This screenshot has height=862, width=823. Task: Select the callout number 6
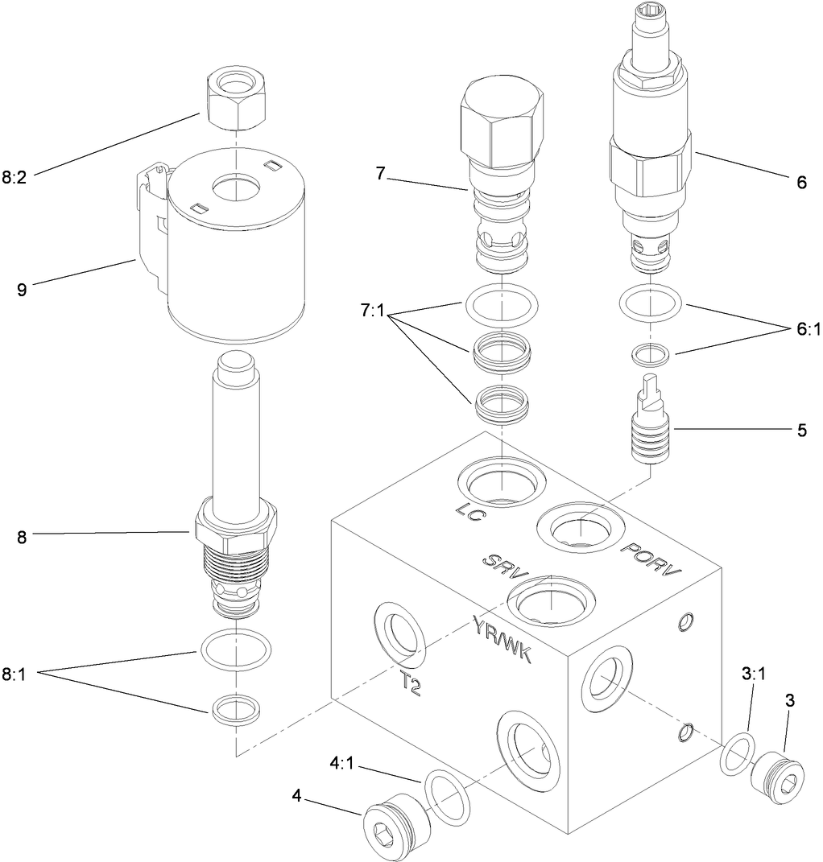tap(800, 183)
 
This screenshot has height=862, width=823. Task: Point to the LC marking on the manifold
tap(468, 512)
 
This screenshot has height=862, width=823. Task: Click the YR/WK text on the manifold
tap(501, 637)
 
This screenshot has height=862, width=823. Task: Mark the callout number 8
tap(22, 538)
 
